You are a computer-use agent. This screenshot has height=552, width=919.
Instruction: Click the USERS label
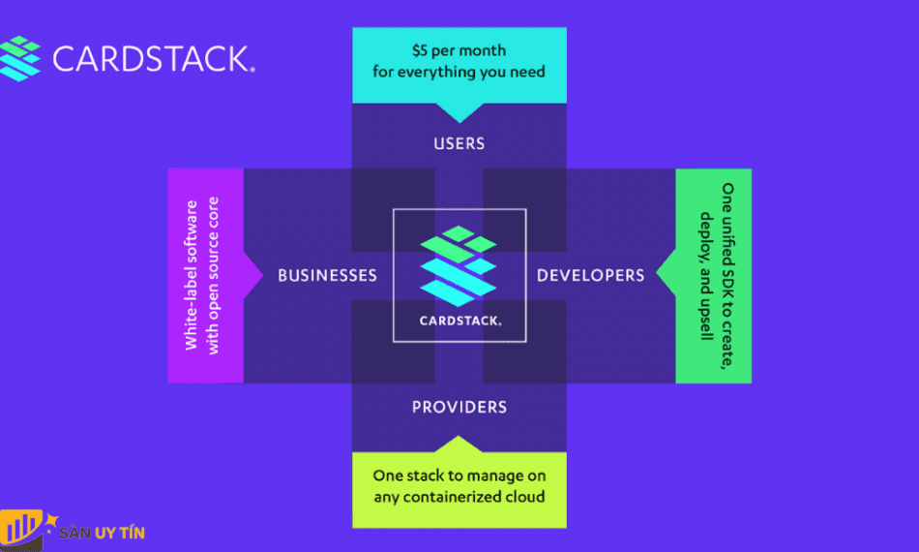[x=459, y=143]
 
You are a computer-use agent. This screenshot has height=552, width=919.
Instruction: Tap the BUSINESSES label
[x=328, y=275]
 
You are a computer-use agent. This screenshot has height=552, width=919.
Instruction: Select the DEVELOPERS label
[x=591, y=275]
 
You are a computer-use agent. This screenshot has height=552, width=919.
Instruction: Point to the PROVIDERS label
[x=459, y=407]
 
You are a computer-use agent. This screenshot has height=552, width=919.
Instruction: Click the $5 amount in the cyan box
[x=420, y=50]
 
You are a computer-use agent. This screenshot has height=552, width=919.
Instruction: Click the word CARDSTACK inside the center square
[x=460, y=321]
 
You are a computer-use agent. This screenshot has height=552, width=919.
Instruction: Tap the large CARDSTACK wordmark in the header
[x=154, y=59]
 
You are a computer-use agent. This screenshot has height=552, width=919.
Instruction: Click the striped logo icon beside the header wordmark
[x=20, y=58]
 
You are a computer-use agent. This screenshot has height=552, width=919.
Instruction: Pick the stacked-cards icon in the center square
[x=459, y=265]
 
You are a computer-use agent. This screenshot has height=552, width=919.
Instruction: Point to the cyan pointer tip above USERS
[x=459, y=122]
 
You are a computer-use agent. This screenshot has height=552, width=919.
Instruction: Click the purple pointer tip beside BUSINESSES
[x=262, y=275]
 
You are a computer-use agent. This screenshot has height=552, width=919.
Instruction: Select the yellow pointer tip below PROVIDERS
[x=459, y=437]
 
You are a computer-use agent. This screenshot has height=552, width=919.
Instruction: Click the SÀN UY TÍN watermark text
[x=102, y=533]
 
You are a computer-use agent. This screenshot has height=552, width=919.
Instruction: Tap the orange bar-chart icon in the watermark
[x=21, y=529]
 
